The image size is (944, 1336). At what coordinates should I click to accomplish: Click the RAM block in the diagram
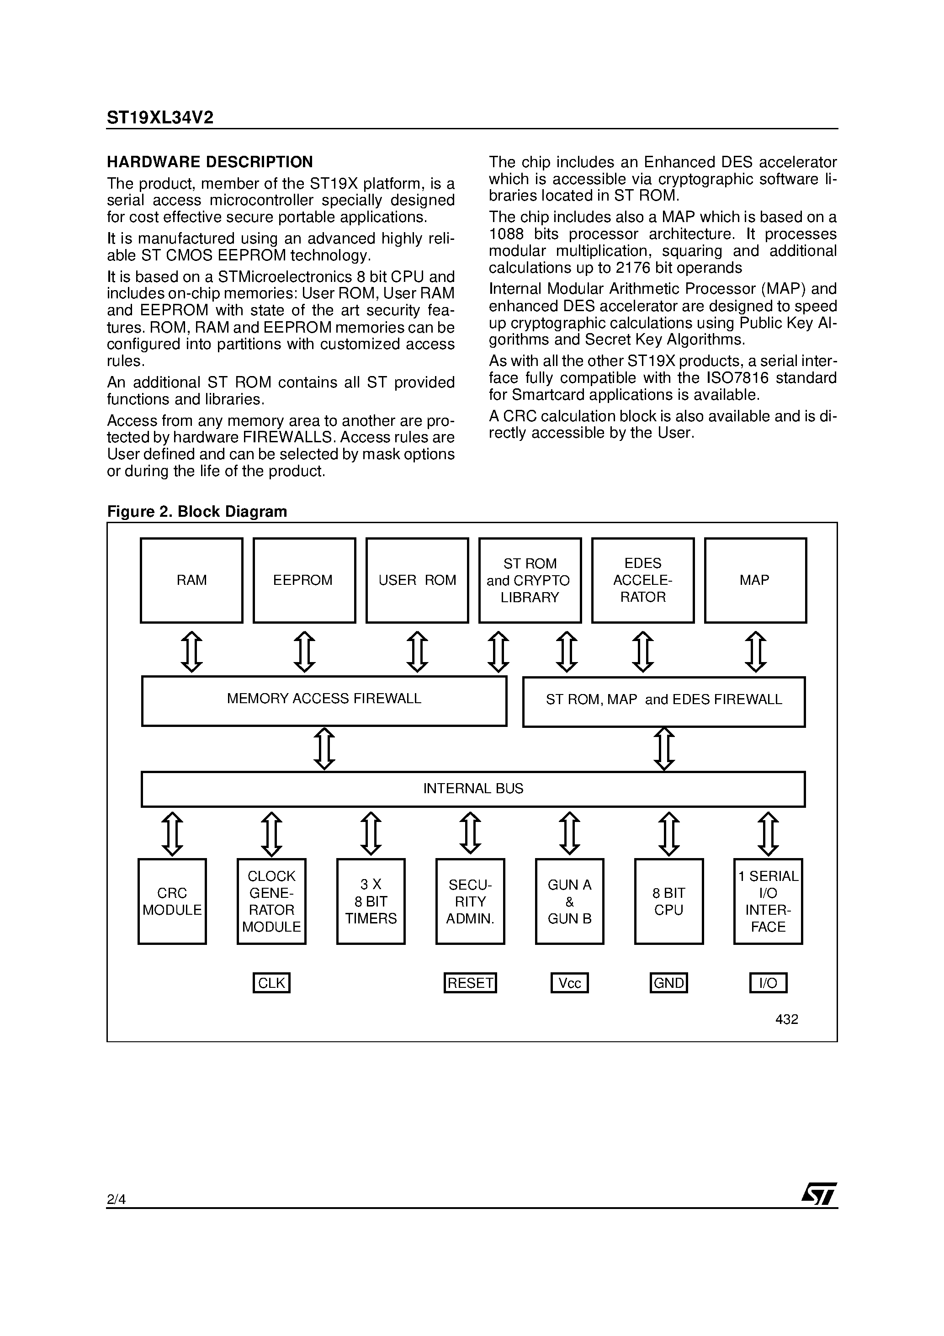click(x=191, y=580)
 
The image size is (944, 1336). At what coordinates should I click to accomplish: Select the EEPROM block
click(x=304, y=580)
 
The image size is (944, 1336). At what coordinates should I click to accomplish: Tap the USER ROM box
click(x=417, y=580)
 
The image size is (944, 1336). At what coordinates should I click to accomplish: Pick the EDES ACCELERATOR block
click(x=642, y=580)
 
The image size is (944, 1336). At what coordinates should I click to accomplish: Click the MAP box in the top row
click(x=755, y=580)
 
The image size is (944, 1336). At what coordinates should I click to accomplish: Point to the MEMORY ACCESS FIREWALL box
click(x=324, y=700)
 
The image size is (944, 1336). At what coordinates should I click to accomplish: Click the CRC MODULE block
click(x=172, y=901)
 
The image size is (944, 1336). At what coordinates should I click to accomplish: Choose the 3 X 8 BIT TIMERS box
click(x=371, y=901)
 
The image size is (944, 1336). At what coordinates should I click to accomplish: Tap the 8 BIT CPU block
click(x=669, y=901)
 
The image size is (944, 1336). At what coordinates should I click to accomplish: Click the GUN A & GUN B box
click(x=569, y=901)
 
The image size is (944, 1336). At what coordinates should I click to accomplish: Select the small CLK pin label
click(x=271, y=983)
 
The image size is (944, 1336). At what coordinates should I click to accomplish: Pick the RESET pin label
click(x=470, y=983)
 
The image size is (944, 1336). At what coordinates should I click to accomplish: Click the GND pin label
click(x=669, y=983)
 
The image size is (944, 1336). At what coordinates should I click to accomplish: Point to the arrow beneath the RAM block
click(x=191, y=652)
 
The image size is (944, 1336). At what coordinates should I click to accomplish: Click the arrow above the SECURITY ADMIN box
click(x=470, y=833)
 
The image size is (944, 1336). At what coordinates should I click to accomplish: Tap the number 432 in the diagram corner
click(x=786, y=1019)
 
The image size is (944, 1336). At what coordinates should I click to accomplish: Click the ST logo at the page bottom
click(x=819, y=1195)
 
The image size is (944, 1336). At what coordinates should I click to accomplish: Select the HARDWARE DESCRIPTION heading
click(x=210, y=162)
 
